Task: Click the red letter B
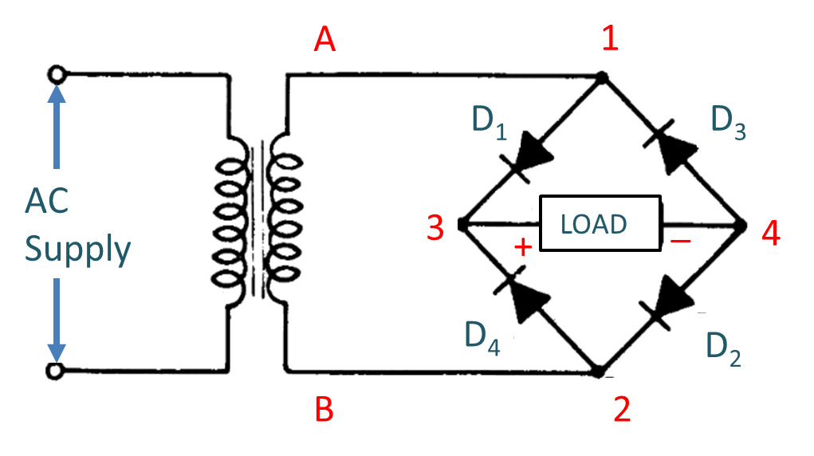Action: coord(324,410)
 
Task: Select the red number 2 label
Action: coord(621,410)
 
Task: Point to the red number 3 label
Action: coord(435,228)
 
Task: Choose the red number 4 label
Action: coord(771,234)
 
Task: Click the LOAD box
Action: coord(600,225)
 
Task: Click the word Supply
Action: coord(78,250)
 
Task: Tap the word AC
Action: coord(47,202)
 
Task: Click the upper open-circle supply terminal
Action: coord(56,75)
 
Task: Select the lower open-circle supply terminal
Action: coord(56,371)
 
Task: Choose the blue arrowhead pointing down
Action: coord(56,352)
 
